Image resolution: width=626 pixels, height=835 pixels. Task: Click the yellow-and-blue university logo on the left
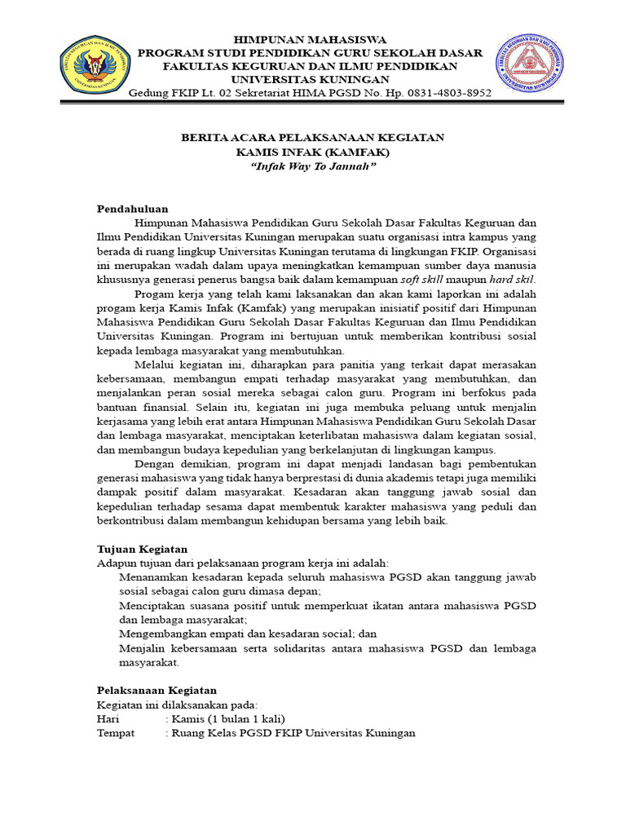tap(91, 64)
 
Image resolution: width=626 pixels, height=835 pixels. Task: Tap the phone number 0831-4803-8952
tap(446, 93)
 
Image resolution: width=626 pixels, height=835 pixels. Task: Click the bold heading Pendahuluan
tap(132, 209)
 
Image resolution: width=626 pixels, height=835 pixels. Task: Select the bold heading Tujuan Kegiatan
tap(143, 550)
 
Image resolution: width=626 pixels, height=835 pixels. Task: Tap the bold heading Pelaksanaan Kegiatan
tap(156, 690)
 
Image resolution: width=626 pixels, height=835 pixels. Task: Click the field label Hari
tap(108, 718)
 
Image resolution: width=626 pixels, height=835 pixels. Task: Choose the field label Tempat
tap(115, 732)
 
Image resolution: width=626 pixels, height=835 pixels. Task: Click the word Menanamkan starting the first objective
tap(156, 577)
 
